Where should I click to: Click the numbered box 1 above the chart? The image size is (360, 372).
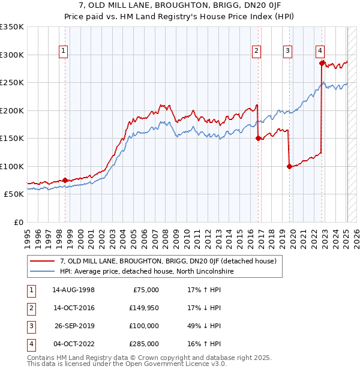63,51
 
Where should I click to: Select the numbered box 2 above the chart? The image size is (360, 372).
256,51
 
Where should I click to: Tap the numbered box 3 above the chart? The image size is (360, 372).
288,51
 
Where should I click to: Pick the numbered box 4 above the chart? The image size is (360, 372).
320,51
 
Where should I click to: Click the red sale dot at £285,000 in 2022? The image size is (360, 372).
322,63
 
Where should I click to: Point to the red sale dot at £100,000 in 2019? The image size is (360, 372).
289,167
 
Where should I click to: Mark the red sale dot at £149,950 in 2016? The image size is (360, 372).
259,139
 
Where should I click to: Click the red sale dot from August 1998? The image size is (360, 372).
65,180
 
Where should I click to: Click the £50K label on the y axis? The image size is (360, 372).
14,194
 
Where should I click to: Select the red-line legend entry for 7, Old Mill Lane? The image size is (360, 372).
167,261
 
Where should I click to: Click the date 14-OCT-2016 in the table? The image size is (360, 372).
73,308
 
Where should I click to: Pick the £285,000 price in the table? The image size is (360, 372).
144,344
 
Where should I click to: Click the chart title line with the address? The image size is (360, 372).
179,6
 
